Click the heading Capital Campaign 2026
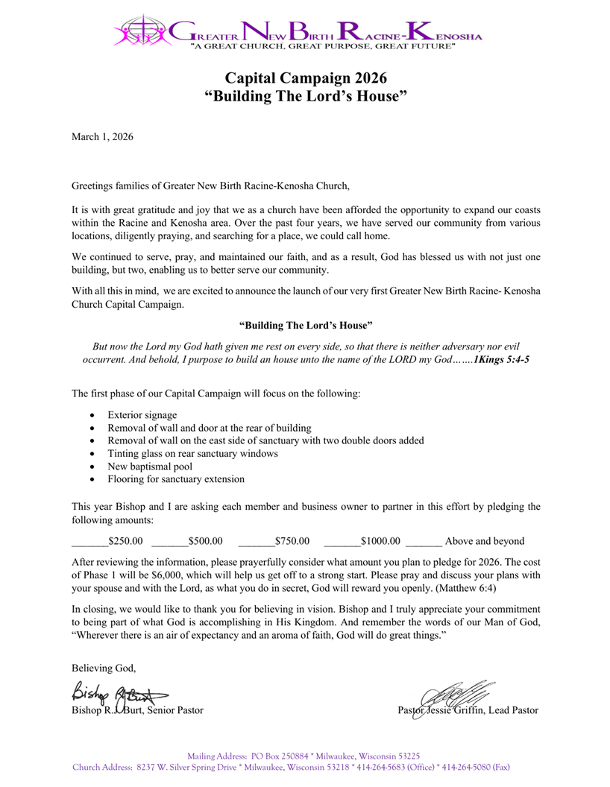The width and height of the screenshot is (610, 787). click(x=306, y=77)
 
